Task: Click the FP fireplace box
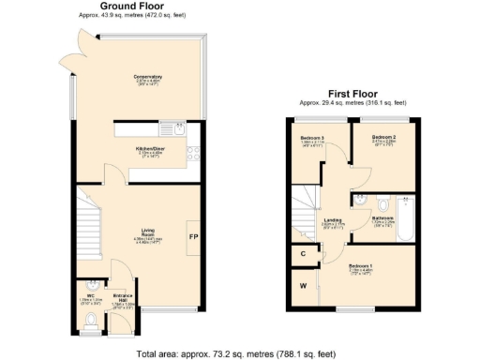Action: coord(192,236)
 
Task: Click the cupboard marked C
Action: coord(303,252)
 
